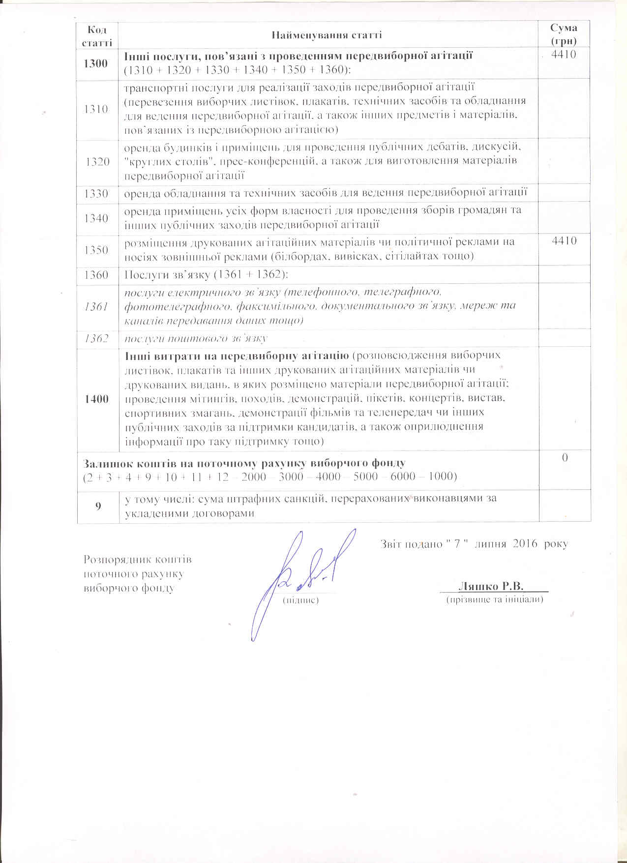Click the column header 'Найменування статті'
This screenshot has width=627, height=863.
(327, 35)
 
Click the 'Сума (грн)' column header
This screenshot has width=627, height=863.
(564, 34)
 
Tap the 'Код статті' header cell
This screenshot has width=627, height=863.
(97, 35)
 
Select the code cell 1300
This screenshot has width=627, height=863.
(96, 63)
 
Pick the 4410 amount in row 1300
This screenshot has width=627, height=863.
(564, 55)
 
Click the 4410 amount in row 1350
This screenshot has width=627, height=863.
(564, 241)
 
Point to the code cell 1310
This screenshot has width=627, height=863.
(96, 109)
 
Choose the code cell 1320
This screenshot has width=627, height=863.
(97, 161)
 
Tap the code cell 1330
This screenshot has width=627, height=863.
(96, 193)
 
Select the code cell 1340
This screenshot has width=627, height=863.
(96, 218)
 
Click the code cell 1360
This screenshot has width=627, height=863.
(96, 274)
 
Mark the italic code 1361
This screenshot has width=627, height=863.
(96, 306)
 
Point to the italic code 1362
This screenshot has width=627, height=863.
(96, 338)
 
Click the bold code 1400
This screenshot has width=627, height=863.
(96, 398)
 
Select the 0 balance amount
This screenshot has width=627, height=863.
(565, 458)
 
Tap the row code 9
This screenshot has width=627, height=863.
(98, 506)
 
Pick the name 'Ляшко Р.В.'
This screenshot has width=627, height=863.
(490, 586)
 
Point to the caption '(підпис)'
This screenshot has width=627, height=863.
(300, 600)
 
